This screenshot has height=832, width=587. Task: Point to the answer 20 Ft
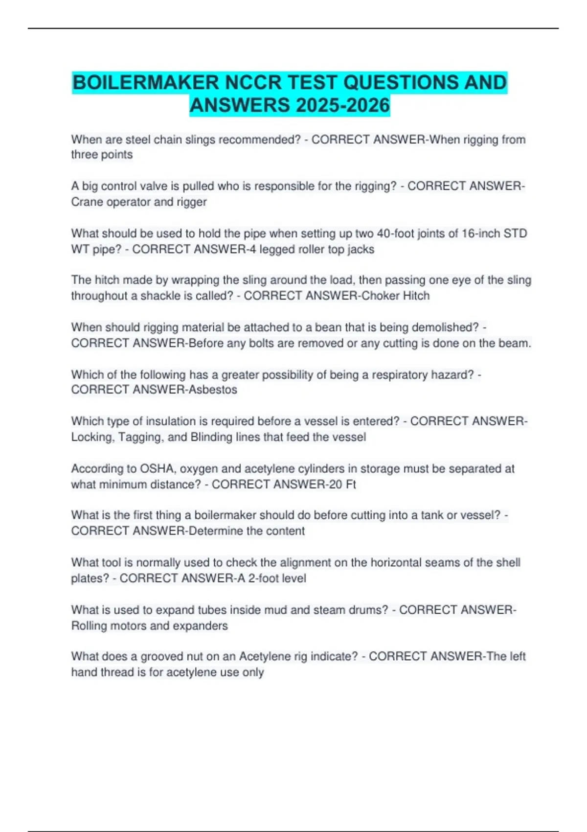click(342, 484)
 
